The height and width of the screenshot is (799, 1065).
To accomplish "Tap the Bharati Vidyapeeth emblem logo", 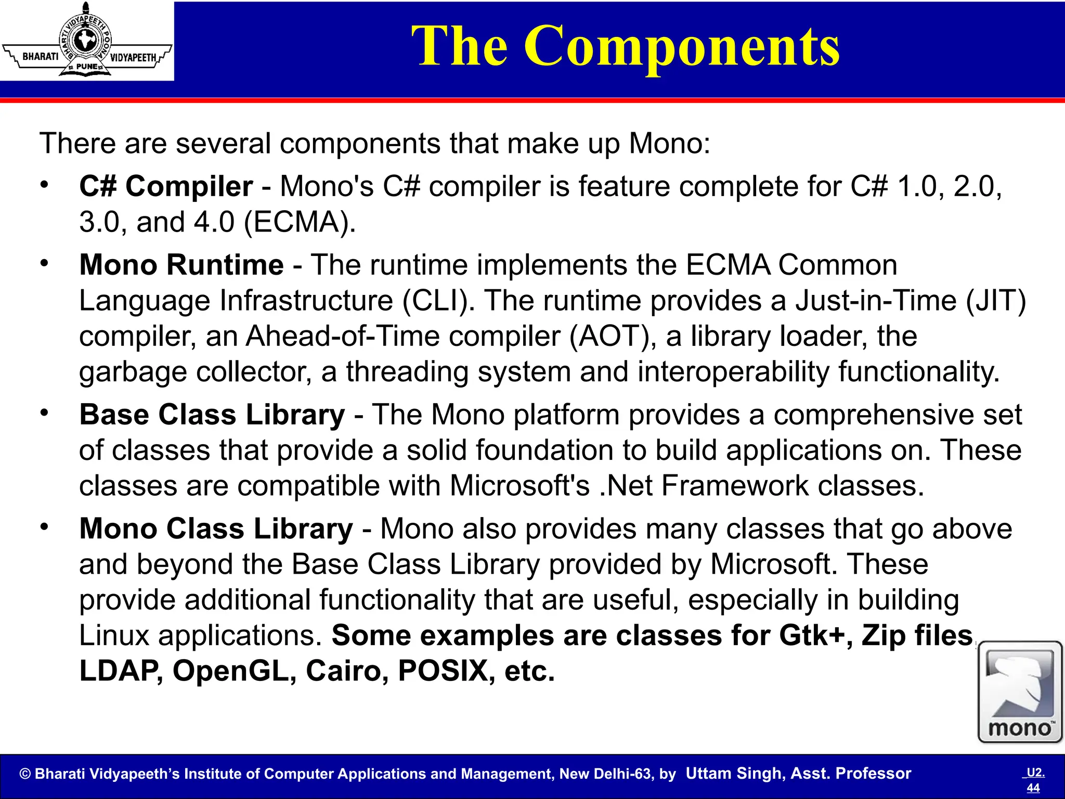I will click(x=86, y=41).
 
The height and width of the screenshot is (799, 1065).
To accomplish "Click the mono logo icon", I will click(x=1020, y=692).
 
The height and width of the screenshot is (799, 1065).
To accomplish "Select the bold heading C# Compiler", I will click(x=166, y=186).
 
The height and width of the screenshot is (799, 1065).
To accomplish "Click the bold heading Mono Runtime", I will click(x=181, y=265).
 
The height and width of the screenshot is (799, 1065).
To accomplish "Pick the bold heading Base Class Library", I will click(x=212, y=415).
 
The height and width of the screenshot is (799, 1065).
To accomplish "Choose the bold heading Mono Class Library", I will click(x=216, y=529).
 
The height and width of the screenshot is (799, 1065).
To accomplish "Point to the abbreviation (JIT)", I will click(x=996, y=301).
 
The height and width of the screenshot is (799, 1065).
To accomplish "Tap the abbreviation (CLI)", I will click(x=438, y=301).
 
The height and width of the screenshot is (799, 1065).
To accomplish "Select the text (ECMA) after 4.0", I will click(x=300, y=222).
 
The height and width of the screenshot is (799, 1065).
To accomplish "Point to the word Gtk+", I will click(x=815, y=636).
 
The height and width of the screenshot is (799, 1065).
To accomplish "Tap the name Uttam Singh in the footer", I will click(x=733, y=774).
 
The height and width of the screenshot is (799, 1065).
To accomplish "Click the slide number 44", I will click(x=1033, y=788).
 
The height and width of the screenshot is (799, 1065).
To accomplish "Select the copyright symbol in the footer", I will click(x=25, y=774).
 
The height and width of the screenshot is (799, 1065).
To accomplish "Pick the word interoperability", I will click(x=733, y=372).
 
